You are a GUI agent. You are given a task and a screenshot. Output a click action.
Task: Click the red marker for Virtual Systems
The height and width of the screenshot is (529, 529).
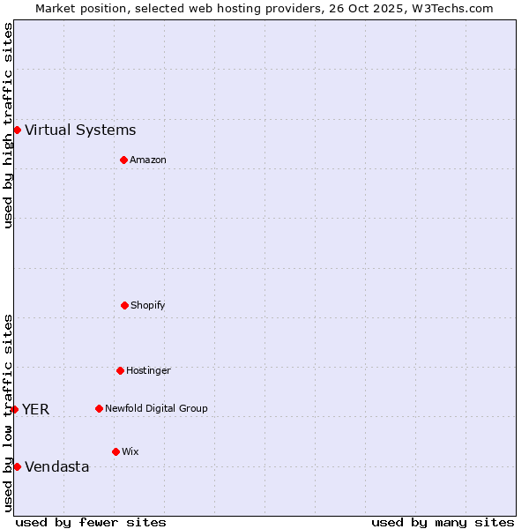[x=17, y=130]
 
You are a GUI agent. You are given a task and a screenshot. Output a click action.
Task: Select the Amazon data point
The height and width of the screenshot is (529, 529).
[x=123, y=160]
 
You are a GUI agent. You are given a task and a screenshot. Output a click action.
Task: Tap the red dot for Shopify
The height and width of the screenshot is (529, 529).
[x=124, y=305]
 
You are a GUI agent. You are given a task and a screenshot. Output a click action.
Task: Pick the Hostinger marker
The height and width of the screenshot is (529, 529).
[x=120, y=370]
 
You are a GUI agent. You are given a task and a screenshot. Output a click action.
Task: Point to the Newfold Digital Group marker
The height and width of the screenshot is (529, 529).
[x=99, y=408]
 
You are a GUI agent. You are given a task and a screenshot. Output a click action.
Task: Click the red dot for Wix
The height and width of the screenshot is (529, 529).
[x=115, y=451]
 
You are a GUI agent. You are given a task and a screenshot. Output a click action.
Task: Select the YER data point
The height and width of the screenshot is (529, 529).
[x=14, y=409]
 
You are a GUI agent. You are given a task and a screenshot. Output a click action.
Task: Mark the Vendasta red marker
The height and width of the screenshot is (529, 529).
[x=17, y=466]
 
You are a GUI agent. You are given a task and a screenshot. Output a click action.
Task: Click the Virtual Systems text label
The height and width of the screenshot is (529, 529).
[x=80, y=130]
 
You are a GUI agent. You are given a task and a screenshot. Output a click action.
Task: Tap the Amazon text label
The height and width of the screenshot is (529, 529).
[x=148, y=160]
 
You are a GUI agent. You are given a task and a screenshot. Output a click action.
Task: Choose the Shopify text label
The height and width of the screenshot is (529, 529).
[x=148, y=306]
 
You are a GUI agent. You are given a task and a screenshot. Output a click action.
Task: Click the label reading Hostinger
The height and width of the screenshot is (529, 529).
[x=148, y=371]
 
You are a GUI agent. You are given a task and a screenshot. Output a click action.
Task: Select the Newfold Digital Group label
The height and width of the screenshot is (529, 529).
[x=156, y=409]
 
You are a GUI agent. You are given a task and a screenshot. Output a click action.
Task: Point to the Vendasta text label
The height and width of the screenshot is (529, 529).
[x=56, y=467]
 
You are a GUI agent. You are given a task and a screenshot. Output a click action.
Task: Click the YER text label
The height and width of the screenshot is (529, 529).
[x=35, y=410]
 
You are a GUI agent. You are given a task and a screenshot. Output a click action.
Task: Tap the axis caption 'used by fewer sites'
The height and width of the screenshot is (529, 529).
[x=91, y=522]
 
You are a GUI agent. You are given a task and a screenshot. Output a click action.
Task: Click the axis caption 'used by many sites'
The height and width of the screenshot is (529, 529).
[x=443, y=522]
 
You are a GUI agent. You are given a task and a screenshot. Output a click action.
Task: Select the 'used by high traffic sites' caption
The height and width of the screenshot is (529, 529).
[x=8, y=125]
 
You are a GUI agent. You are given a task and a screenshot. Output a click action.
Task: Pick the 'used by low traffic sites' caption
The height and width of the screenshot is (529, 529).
[x=8, y=413]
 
